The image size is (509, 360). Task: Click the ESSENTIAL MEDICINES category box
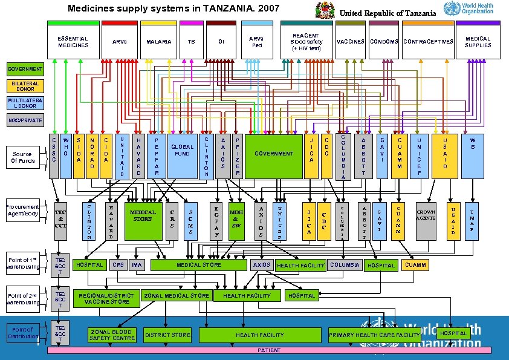click(x=73, y=42)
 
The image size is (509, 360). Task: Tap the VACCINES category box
click(x=350, y=42)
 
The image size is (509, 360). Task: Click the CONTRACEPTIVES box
click(x=428, y=42)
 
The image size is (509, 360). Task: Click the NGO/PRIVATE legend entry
click(x=24, y=120)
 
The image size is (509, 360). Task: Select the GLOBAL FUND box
click(x=182, y=156)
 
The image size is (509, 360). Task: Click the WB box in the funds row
click(x=473, y=156)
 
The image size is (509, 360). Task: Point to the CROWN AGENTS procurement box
click(x=426, y=221)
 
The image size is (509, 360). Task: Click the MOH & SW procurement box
click(x=236, y=221)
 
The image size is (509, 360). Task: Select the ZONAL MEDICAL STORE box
click(x=177, y=296)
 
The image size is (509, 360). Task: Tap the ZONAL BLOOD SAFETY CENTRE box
click(x=112, y=335)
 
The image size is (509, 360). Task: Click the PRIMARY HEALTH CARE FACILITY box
click(x=374, y=335)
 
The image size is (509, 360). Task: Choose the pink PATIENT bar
click(x=269, y=350)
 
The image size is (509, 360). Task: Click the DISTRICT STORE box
click(x=167, y=335)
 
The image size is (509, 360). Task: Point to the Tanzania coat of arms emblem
click(x=325, y=11)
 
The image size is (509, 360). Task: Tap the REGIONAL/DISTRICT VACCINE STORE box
click(x=106, y=298)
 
